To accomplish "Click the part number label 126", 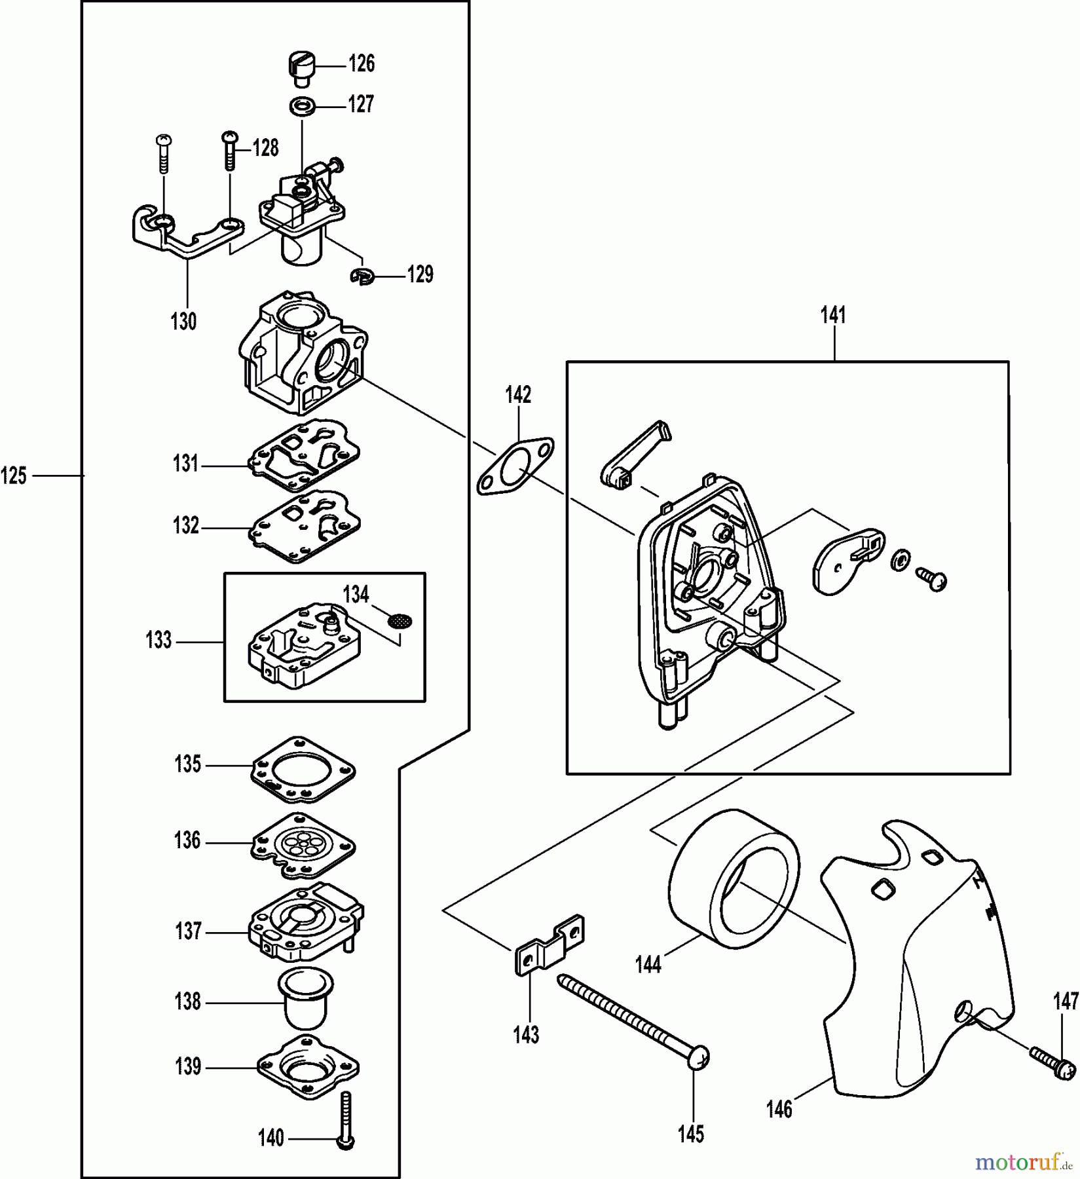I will [361, 64].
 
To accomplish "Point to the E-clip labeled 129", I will [360, 278].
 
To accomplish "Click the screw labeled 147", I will [1052, 1068].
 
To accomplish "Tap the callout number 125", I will [14, 475].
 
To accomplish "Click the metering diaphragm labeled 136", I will [304, 845].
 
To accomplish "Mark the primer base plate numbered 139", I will [308, 1068].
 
